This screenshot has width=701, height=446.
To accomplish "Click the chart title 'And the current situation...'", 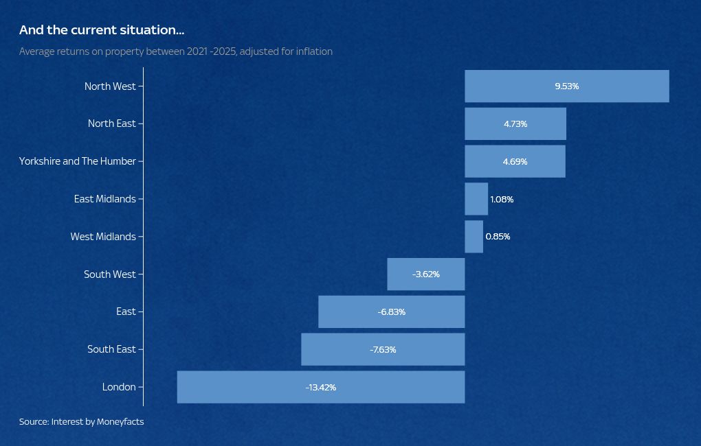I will [102, 30].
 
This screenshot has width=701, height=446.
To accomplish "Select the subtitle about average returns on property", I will [176, 51].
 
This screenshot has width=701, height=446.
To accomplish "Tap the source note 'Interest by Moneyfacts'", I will [81, 421].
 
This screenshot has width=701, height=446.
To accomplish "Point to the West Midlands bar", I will [474, 237].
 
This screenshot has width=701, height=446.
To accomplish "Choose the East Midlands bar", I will [476, 199].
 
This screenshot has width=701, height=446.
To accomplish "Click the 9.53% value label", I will [567, 86].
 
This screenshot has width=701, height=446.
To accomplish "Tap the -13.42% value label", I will [321, 388].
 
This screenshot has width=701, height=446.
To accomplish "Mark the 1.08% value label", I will [502, 200].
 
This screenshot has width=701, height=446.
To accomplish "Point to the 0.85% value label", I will [498, 237].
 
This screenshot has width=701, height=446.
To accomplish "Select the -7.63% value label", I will [383, 350].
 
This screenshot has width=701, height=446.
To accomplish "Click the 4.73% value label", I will [515, 124].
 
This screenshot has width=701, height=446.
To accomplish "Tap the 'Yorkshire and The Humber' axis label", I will [78, 161].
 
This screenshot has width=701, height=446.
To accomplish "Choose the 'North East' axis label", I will [112, 124].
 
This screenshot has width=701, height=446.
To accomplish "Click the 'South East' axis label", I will [111, 349].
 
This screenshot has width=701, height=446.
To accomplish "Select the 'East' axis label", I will [126, 312].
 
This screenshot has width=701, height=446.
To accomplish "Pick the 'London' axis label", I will [119, 387].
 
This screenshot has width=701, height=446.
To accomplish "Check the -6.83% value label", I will [392, 312].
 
